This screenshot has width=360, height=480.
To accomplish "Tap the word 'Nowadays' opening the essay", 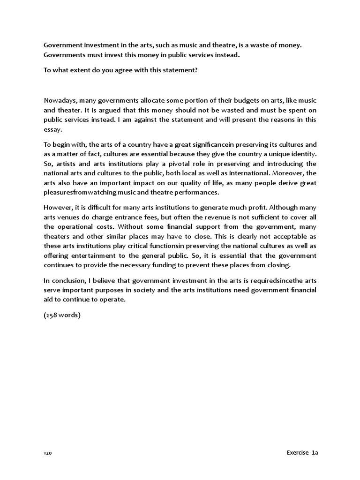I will [59, 100].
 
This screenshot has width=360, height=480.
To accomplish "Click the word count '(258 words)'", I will [62, 315].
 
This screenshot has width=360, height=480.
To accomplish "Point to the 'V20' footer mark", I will [48, 454].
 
